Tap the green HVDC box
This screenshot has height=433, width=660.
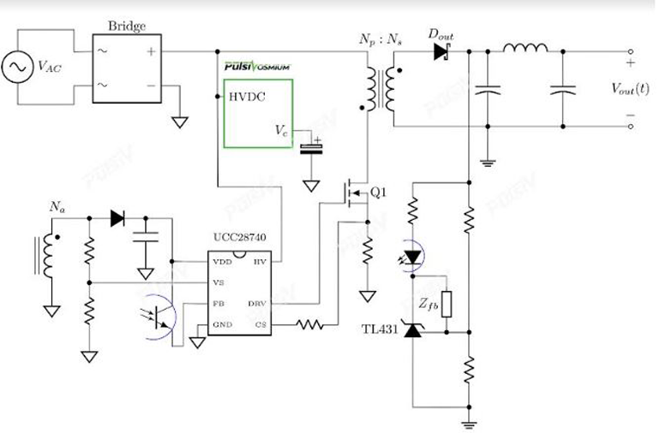pos(258,113)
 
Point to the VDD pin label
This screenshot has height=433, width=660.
pos(222,261)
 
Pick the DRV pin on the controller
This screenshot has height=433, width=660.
pos(256,304)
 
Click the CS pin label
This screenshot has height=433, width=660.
pos(259,325)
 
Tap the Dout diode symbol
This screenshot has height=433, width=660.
pos(441,51)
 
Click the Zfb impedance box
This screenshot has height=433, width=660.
pos(447,305)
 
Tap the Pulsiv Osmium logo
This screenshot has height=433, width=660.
pos(257,66)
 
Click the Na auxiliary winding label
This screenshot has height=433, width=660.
pos(57,207)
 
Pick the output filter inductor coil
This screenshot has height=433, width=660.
pos(525,48)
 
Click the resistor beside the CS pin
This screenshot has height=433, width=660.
pos(309,325)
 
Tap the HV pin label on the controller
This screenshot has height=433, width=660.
pos(258,261)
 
